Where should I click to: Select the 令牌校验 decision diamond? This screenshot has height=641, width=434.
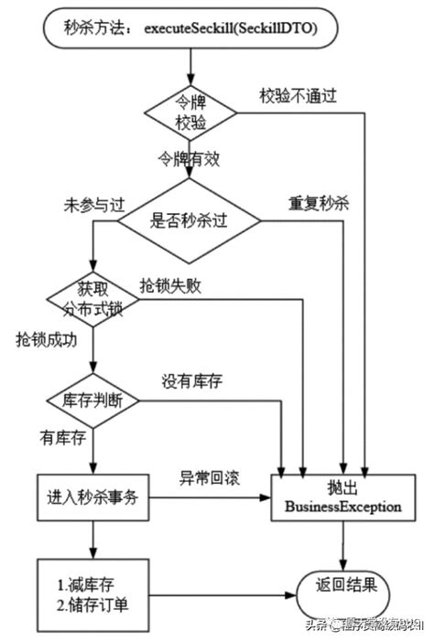point(190,113)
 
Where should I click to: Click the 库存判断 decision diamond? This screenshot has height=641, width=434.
point(92,401)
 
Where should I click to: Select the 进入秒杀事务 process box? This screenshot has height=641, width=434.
point(94,500)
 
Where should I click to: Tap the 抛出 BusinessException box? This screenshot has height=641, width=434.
point(342,497)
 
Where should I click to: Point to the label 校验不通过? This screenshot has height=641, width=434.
point(297,94)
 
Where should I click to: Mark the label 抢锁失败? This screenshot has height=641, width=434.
point(171,285)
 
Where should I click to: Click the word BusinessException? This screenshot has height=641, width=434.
point(342,507)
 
